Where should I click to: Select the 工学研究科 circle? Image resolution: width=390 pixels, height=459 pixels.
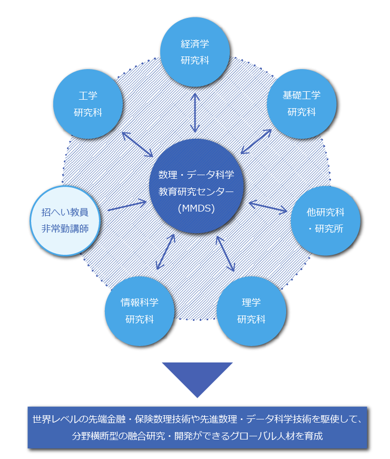click(88, 104)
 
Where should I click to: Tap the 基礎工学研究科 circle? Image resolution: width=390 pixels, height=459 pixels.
click(301, 103)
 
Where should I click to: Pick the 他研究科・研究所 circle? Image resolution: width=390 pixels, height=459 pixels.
click(325, 220)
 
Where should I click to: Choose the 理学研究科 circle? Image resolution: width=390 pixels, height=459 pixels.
click(251, 310)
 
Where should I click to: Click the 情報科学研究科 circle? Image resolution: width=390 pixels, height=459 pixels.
click(140, 310)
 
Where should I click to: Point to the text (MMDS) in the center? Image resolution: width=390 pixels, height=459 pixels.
click(196, 208)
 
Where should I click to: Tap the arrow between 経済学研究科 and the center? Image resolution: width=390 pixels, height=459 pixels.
click(195, 112)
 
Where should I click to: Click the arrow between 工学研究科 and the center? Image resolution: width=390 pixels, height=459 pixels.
click(137, 144)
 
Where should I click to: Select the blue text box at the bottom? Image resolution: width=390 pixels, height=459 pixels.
click(198, 428)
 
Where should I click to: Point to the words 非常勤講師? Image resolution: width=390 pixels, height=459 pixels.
click(65, 230)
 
